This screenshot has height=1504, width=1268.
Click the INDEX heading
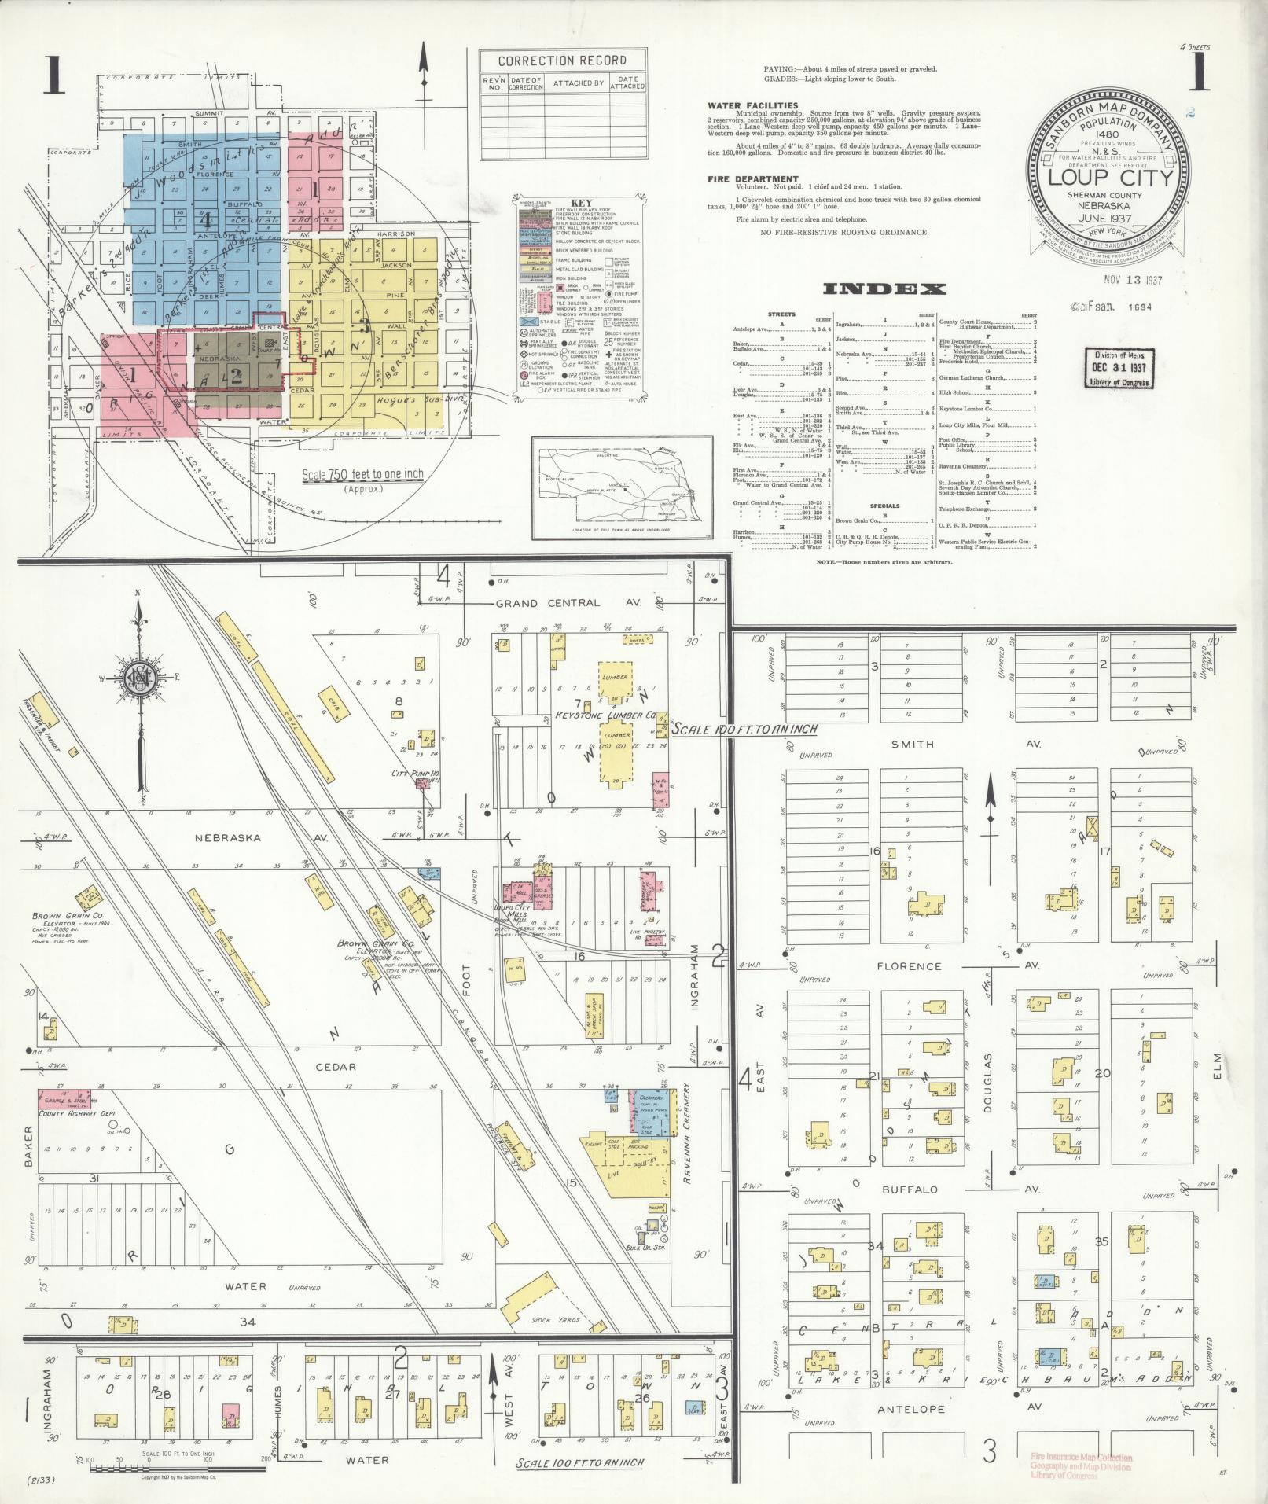click(x=884, y=289)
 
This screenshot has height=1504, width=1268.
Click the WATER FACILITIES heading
click(x=752, y=105)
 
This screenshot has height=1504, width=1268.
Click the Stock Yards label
click(x=550, y=1320)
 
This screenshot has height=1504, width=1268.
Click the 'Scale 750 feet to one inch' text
click(x=362, y=476)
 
